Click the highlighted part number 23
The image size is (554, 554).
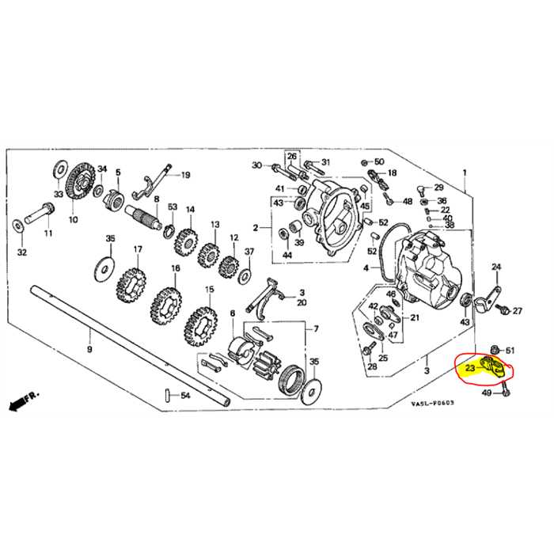470,367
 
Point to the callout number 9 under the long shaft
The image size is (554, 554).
89,349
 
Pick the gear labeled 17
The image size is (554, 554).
132,281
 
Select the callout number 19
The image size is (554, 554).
186,175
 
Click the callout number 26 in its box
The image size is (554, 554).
291,156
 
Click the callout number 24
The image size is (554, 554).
496,267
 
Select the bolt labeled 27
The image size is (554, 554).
504,310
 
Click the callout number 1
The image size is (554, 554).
465,173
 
